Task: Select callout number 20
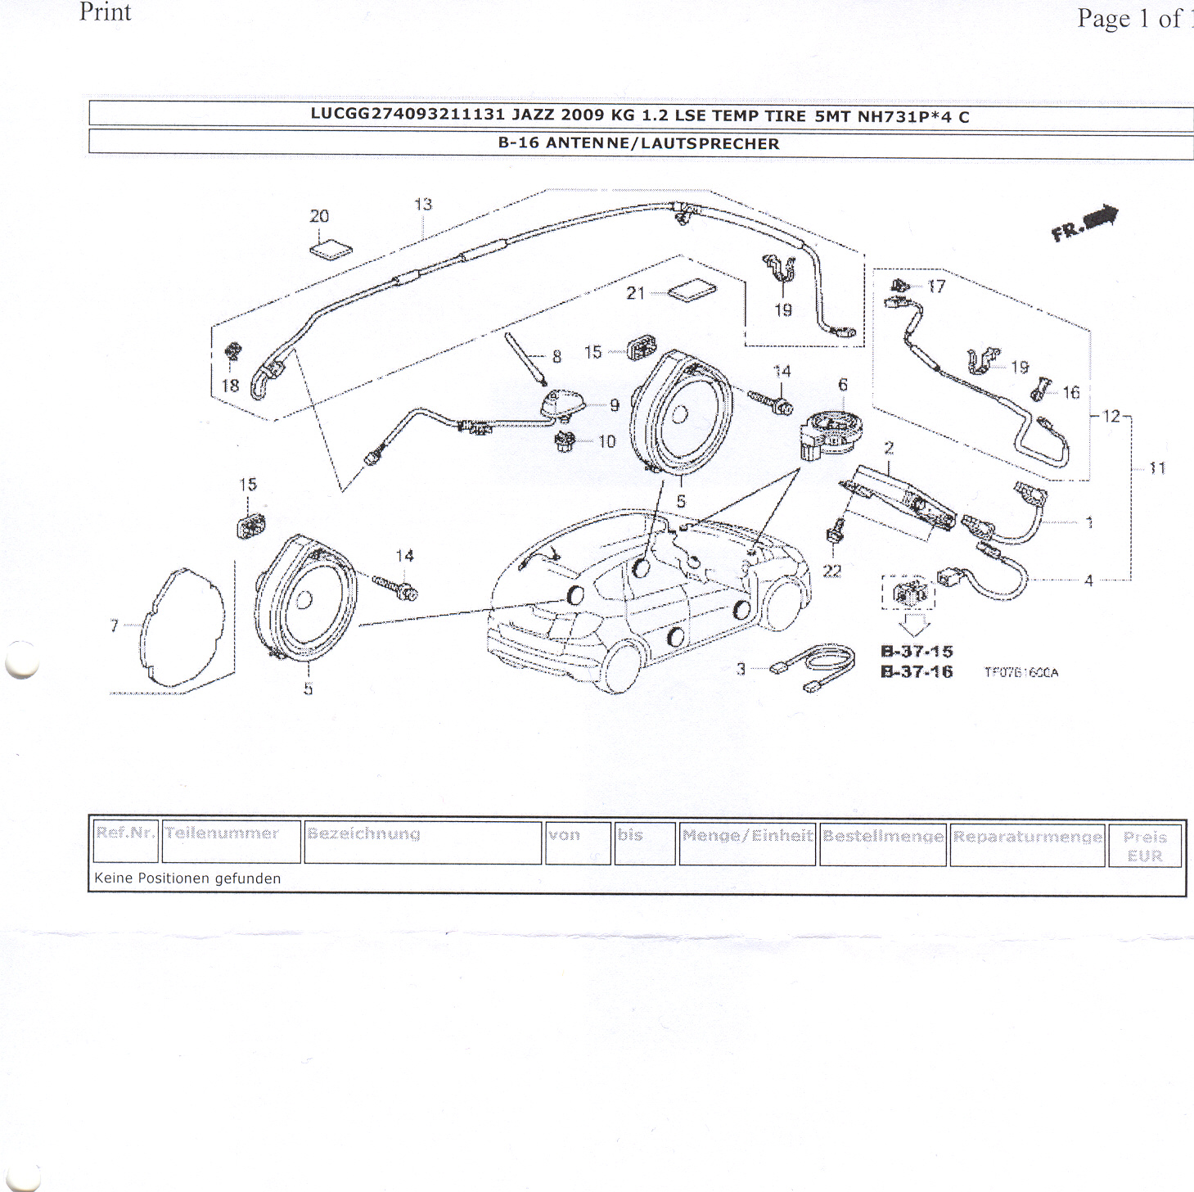[319, 216]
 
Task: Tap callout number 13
[422, 205]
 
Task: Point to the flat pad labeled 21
[692, 292]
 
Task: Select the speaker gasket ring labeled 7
[182, 627]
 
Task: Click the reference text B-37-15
[917, 652]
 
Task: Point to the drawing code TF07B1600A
[1021, 673]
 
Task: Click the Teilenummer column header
[222, 833]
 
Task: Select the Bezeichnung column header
[363, 834]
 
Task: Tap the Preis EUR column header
[1144, 847]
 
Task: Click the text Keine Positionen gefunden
[187, 878]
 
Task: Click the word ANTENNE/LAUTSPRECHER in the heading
[662, 144]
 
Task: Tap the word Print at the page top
[105, 12]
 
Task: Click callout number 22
[831, 571]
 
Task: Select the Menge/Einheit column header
[747, 836]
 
